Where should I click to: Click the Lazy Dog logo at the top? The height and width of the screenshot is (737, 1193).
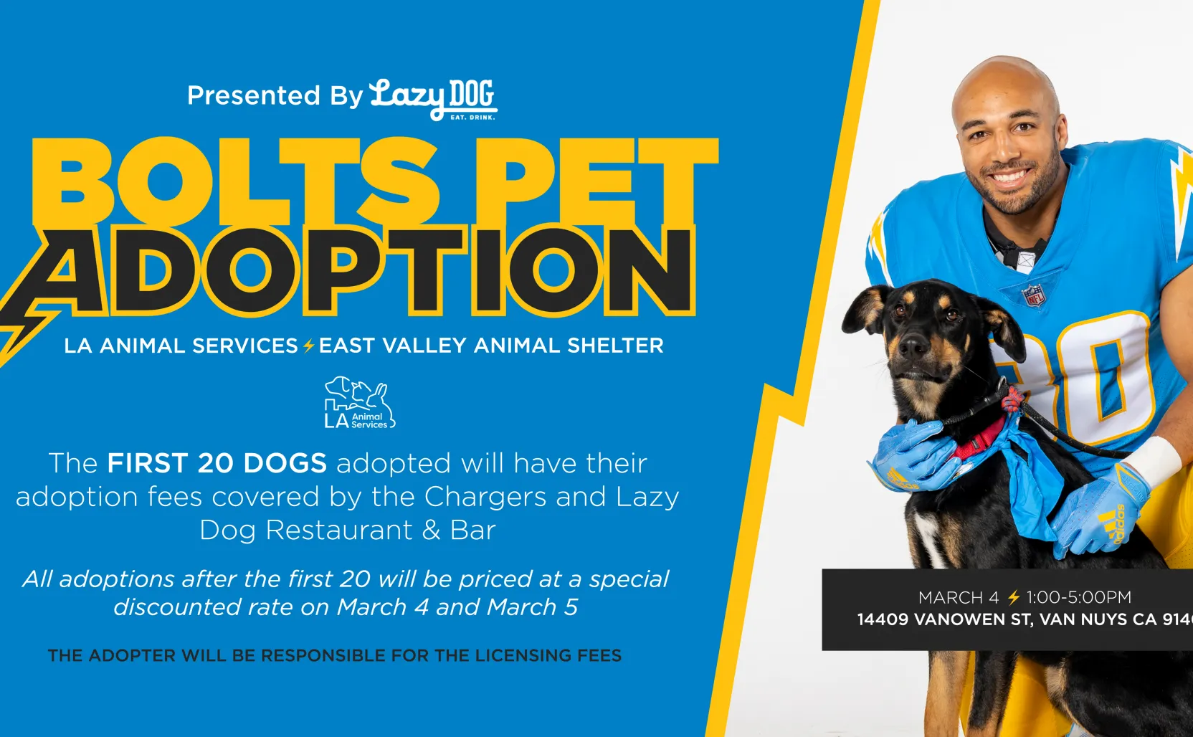pyautogui.click(x=434, y=100)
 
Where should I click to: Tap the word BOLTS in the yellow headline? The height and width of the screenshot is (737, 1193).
pyautogui.click(x=235, y=182)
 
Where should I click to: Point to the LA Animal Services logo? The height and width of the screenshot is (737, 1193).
pyautogui.click(x=360, y=403)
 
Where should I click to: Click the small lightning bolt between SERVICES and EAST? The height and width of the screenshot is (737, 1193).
pyautogui.click(x=308, y=346)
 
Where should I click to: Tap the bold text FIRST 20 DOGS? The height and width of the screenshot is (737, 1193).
pyautogui.click(x=217, y=462)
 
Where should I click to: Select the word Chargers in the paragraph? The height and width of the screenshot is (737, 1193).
pyautogui.click(x=485, y=497)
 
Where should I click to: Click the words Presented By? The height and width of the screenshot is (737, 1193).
pyautogui.click(x=275, y=96)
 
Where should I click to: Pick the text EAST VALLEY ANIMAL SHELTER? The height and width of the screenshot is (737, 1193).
pyautogui.click(x=491, y=346)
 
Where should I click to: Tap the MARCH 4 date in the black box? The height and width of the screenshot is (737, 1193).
pyautogui.click(x=958, y=597)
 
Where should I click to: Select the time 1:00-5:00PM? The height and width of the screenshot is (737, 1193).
pyautogui.click(x=1079, y=597)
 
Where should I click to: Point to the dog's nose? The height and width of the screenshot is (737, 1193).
pyautogui.click(x=913, y=347)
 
